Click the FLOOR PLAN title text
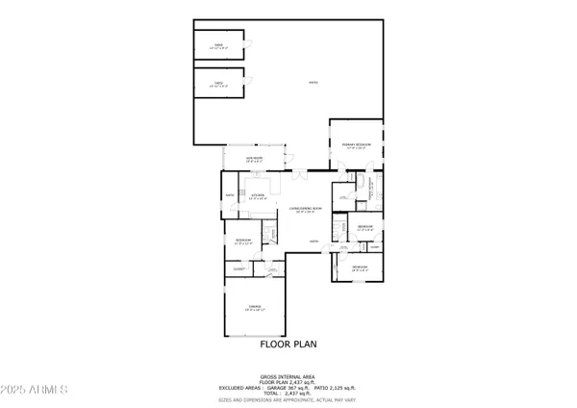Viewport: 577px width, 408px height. [x=288, y=343]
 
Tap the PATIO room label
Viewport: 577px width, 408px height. [x=313, y=83]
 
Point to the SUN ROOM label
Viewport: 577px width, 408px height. [x=255, y=159]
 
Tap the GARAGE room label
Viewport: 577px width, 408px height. [x=255, y=309]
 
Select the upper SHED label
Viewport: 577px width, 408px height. [x=218, y=45]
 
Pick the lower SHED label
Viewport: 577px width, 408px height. [x=218, y=83]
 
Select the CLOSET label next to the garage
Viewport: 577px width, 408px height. [x=238, y=270]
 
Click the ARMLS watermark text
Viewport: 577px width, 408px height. [x=35, y=392]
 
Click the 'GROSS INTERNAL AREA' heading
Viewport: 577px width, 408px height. [x=288, y=376]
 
